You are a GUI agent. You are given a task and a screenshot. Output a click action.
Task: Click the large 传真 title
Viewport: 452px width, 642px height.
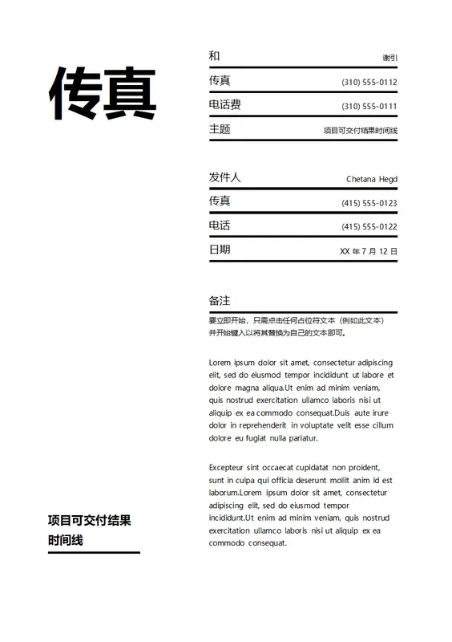[103, 94]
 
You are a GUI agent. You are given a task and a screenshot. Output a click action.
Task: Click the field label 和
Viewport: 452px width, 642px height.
[214, 55]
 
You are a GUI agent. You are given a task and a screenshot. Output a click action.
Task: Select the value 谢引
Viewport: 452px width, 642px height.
[389, 58]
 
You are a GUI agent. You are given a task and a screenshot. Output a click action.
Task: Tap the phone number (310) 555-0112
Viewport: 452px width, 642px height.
[369, 83]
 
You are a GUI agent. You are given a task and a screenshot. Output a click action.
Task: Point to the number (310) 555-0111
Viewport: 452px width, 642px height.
[369, 107]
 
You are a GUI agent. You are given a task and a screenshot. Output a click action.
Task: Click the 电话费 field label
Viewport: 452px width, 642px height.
[224, 104]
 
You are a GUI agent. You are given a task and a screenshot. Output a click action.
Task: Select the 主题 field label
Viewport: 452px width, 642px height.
[220, 128]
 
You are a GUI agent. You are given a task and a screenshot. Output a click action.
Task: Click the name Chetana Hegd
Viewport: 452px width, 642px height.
[371, 179]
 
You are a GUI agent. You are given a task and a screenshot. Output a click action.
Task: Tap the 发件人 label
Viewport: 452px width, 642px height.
[224, 177]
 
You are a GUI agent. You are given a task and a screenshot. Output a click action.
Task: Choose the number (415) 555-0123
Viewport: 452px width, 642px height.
[369, 203]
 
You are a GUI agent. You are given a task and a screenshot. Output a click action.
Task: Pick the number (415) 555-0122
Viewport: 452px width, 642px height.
[369, 227]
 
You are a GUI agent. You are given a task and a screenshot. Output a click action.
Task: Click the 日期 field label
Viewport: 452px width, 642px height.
[220, 250]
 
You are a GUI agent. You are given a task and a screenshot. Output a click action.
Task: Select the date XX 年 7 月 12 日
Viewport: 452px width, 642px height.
[368, 251]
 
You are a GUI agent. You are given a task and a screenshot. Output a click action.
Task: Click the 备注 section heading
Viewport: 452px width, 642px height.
[220, 301]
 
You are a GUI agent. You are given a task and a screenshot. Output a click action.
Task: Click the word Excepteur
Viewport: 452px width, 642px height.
[228, 467]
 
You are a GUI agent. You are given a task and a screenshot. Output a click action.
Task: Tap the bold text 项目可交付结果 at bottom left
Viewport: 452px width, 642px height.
[89, 520]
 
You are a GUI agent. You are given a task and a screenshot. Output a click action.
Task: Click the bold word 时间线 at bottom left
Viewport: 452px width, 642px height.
[65, 540]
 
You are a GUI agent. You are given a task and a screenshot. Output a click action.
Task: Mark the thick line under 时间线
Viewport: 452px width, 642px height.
[94, 552]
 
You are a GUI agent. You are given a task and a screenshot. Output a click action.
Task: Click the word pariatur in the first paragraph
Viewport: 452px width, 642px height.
[303, 438]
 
